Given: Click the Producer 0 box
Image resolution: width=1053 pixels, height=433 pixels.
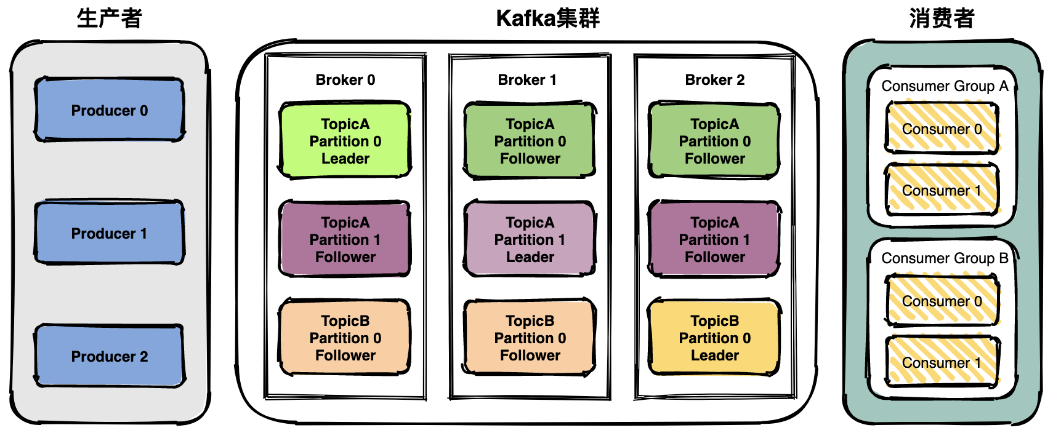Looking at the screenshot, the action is (110, 109).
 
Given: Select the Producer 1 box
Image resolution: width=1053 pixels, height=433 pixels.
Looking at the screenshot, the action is (110, 232).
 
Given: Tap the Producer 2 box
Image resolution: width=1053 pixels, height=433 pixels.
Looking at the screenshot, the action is (110, 356).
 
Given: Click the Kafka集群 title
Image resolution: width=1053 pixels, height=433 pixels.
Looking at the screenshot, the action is (547, 19).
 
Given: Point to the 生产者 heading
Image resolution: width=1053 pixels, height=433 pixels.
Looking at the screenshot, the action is (110, 19).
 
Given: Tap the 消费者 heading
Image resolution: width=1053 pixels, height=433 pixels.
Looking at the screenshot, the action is (942, 19).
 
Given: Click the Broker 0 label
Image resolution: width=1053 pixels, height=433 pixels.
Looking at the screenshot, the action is (345, 80).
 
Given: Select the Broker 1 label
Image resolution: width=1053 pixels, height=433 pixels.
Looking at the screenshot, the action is (527, 80).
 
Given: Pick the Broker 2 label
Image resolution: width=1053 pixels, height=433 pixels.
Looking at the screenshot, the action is (715, 80).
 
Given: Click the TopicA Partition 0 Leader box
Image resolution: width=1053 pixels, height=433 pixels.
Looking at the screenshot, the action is (345, 140).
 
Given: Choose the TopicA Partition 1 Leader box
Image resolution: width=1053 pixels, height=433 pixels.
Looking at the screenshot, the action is (530, 239).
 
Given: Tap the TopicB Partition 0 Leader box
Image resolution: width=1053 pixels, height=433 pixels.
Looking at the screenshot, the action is (715, 337).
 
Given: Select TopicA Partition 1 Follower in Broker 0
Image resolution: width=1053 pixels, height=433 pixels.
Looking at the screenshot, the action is (345, 239).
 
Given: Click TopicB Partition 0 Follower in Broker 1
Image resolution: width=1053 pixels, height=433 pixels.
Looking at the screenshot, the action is (530, 337).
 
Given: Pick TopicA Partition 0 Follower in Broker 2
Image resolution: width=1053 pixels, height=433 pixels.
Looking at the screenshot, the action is (715, 140).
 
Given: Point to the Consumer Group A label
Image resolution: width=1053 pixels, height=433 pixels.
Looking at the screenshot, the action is (945, 86).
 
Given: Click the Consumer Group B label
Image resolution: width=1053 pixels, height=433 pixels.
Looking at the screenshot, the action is (945, 258).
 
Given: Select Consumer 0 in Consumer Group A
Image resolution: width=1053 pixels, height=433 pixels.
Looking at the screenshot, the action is (942, 128).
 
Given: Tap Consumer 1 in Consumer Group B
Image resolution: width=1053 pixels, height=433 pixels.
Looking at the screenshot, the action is (942, 362).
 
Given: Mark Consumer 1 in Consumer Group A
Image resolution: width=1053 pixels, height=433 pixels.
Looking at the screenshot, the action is (942, 189).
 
